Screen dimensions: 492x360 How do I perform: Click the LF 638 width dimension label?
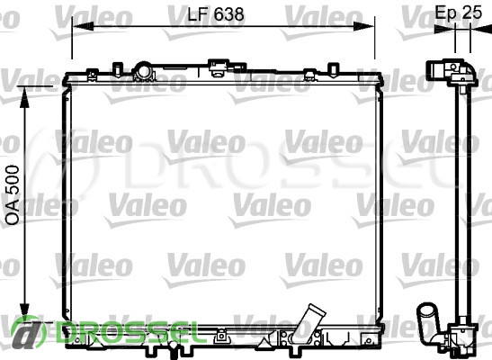point(216,14)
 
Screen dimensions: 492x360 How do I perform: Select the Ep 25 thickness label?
point(458,13)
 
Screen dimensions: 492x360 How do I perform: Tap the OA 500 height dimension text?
point(13,195)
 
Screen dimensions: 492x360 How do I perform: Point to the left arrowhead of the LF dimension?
point(83,26)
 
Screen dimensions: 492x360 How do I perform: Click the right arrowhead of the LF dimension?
point(363,26)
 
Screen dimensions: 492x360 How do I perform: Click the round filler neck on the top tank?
point(143,71)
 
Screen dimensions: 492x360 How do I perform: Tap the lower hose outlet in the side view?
point(428,321)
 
